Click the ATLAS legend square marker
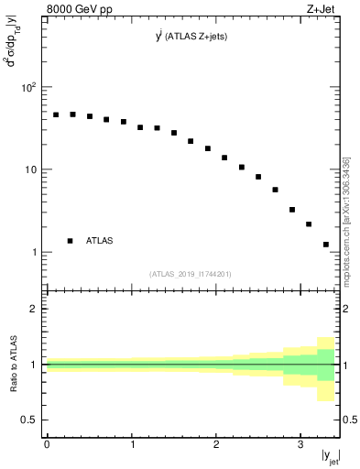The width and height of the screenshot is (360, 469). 70,241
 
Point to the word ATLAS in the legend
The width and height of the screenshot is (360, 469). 100,241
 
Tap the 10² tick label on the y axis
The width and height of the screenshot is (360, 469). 29,88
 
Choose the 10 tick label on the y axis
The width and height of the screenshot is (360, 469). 31,170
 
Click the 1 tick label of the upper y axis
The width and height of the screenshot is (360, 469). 34,253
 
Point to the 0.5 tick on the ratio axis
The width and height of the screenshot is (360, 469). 29,420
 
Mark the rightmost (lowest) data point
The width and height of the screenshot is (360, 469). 326,245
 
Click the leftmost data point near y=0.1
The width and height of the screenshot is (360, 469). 56,115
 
